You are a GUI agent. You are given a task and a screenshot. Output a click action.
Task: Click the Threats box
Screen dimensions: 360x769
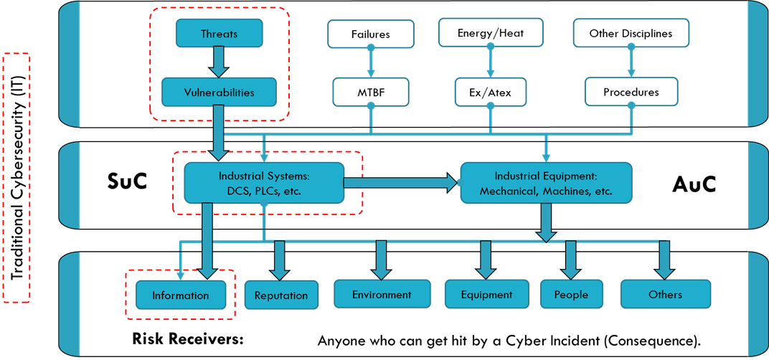pos(220,34)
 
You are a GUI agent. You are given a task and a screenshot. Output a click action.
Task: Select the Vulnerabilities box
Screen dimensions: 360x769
pos(220,93)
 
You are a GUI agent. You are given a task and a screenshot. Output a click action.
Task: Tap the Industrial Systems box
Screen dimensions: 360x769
pos(264,183)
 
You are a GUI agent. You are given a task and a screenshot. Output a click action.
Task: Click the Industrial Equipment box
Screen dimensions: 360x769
pos(546,183)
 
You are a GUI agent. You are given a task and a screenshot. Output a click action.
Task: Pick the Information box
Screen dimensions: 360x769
pos(181,295)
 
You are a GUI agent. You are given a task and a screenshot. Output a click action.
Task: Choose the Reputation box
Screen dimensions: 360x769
pos(281,295)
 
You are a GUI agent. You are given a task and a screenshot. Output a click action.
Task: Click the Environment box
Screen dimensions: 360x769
pos(382,294)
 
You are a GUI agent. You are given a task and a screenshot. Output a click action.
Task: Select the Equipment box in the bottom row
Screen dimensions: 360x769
pos(487,294)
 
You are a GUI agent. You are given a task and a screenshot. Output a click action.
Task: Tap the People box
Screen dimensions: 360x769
pos(571,294)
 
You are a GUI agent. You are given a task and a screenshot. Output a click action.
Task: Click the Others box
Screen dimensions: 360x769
pos(665,294)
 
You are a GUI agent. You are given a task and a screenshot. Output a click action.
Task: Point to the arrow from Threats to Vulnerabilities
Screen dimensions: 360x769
pos(220,62)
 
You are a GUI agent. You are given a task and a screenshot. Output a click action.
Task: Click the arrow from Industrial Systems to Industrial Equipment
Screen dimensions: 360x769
pos(402,184)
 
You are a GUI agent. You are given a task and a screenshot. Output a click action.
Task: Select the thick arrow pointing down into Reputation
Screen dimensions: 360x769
pos(279,260)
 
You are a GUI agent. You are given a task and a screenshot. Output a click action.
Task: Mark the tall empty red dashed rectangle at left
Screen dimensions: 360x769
pos(16,177)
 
